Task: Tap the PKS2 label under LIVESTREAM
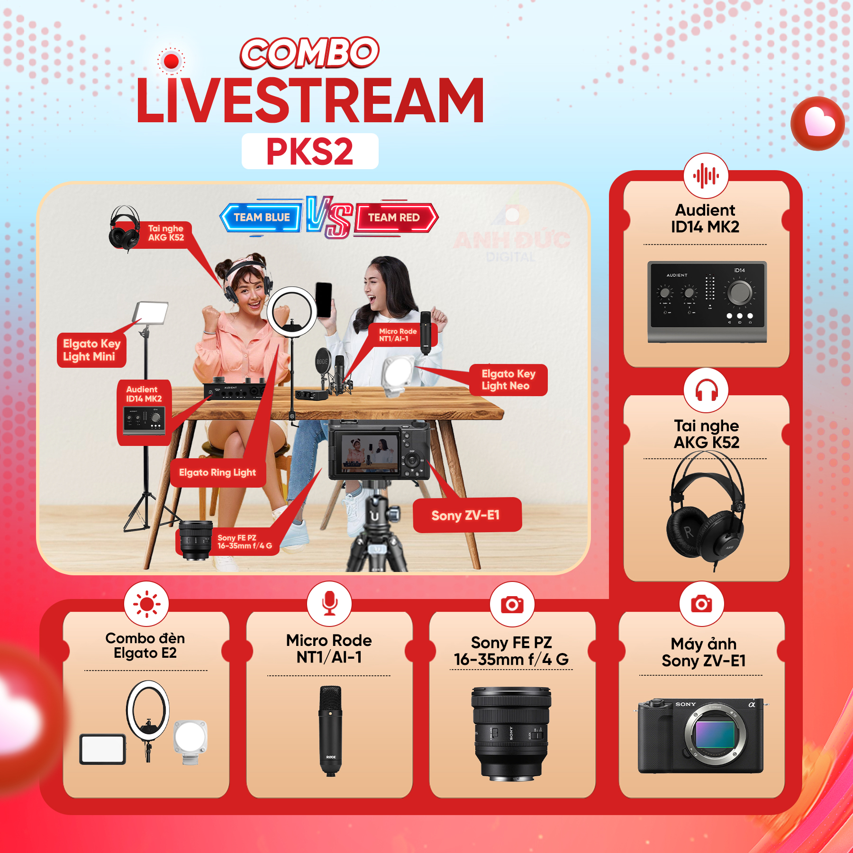pyautogui.click(x=310, y=151)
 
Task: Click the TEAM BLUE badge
pyautogui.click(x=261, y=218)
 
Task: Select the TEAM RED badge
pyautogui.click(x=395, y=218)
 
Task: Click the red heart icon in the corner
pyautogui.click(x=818, y=123)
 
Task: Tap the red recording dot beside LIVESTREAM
pyautogui.click(x=171, y=61)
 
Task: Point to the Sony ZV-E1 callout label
pyautogui.click(x=467, y=515)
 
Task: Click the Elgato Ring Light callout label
pyautogui.click(x=218, y=472)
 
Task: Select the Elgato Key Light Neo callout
pyautogui.click(x=508, y=380)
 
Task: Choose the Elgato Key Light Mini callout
pyautogui.click(x=91, y=350)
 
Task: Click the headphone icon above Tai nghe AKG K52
pyautogui.click(x=706, y=390)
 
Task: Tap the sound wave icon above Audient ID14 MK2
pyautogui.click(x=706, y=176)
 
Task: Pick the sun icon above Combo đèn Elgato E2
pyautogui.click(x=146, y=604)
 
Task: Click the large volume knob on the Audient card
pyautogui.click(x=739, y=292)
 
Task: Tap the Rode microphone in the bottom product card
pyautogui.click(x=330, y=730)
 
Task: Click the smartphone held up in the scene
pyautogui.click(x=324, y=300)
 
